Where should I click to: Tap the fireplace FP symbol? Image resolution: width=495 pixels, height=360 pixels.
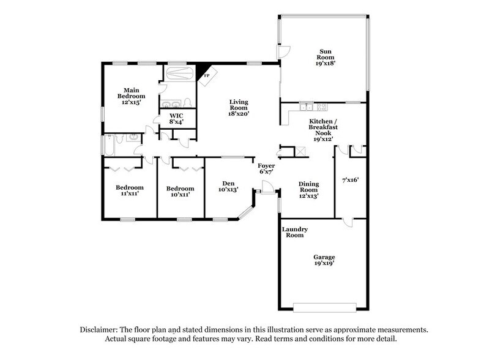click(206, 76)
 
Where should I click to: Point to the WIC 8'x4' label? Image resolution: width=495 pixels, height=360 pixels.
click(176, 119)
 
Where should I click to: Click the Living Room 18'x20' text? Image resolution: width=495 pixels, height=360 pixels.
click(239, 108)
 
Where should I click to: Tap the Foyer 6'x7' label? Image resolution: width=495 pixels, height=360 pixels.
click(266, 169)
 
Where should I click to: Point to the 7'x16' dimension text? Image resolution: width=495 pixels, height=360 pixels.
click(349, 180)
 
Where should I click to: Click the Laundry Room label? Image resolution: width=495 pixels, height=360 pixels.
click(294, 232)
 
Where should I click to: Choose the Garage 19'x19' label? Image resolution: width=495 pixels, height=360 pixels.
click(324, 260)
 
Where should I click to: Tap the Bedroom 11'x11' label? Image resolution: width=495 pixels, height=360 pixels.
click(130, 190)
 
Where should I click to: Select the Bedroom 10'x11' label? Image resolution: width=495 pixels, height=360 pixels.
click(181, 192)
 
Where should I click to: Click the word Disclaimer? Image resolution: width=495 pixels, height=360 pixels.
click(102, 329)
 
